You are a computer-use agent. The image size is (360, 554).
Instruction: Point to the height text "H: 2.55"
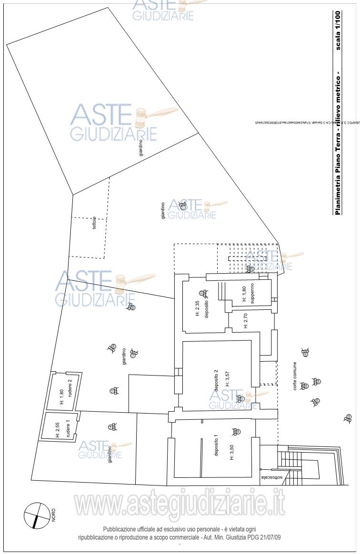tap(58, 429)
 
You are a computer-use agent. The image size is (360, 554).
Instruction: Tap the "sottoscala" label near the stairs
tap(269, 476)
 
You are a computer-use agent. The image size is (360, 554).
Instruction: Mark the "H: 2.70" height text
tap(246, 321)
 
